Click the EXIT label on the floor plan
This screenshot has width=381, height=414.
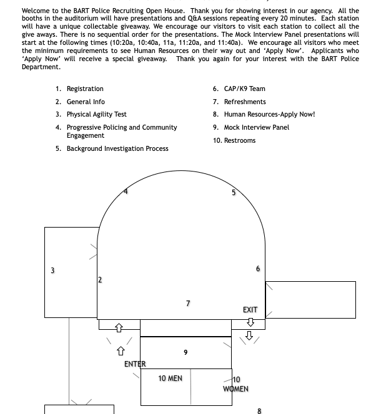coord(250,310)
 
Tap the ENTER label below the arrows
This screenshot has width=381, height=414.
coord(135,364)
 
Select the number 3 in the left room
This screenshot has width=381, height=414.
coord(52,271)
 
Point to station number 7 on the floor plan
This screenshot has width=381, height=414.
coord(188,304)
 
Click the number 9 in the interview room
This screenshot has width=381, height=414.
coord(186,353)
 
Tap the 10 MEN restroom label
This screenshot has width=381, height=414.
coord(170,378)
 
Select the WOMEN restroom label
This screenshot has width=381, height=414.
coord(235,389)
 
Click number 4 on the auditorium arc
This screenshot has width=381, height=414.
coord(126,191)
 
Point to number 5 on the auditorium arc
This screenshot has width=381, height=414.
coord(234,193)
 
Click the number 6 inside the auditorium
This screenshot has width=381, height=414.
coord(258,269)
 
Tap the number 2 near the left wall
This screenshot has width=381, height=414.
coord(100,280)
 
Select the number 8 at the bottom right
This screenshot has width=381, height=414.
coord(259,411)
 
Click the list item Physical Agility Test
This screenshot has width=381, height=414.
coord(97,115)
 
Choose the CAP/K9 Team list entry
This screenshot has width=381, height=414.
coord(244,89)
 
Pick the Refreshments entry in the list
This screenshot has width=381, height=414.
coord(245,102)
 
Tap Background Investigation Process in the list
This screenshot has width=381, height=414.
coord(117,149)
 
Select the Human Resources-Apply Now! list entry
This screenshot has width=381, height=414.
coord(269,115)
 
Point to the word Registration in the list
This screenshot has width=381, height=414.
coord(85,89)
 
